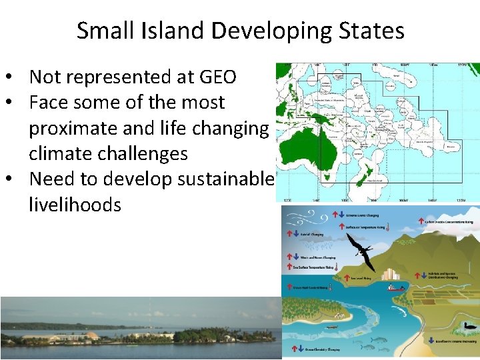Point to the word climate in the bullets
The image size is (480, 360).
[x=65, y=153]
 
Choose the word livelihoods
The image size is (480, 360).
[x=75, y=204]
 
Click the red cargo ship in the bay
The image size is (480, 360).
[x=396, y=288]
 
